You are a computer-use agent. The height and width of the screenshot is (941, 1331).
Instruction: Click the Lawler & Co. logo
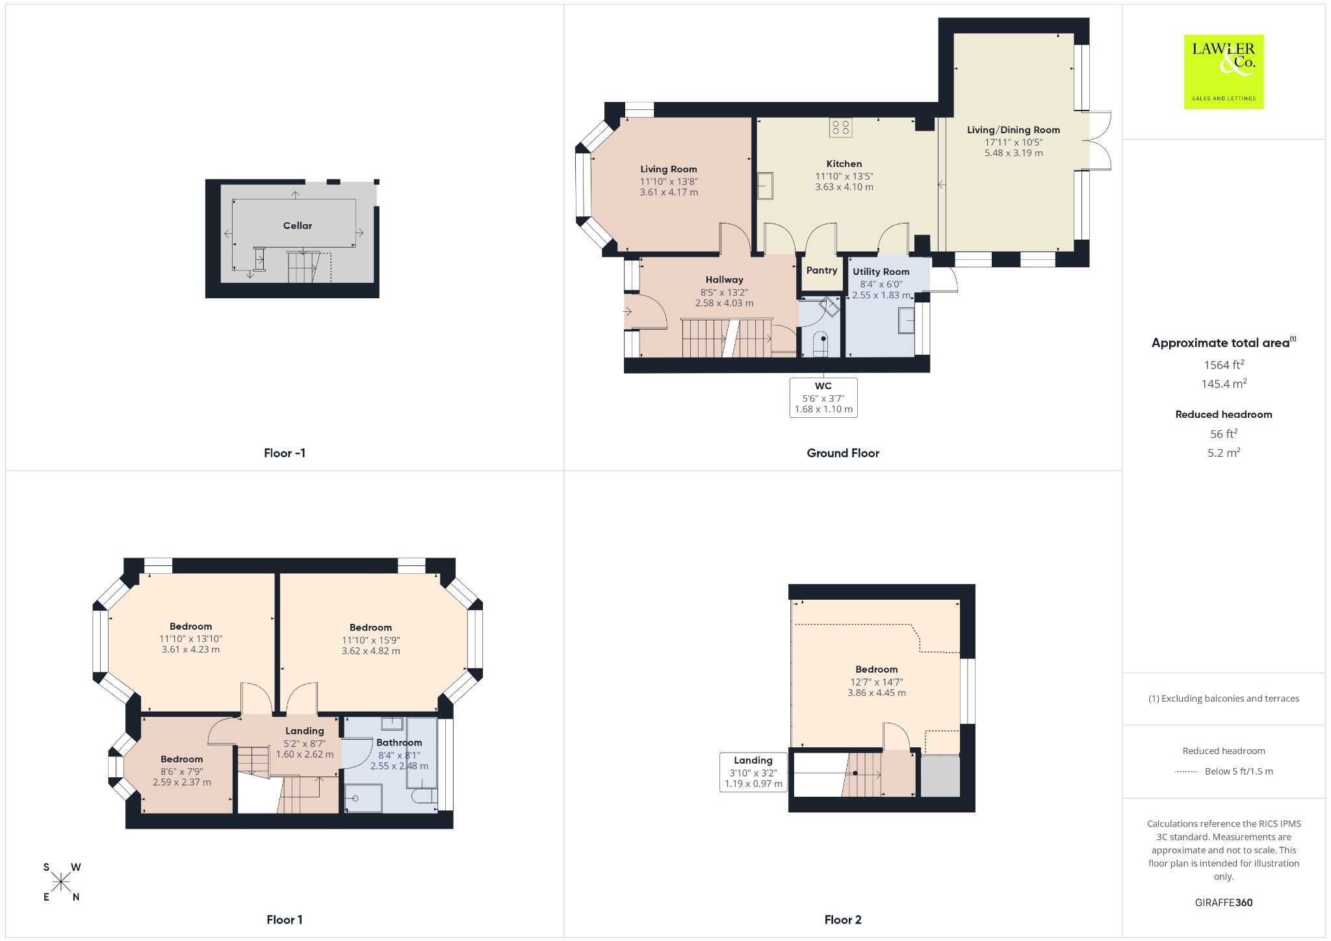click(1224, 71)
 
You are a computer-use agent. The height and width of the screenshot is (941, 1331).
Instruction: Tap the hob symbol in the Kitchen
click(841, 127)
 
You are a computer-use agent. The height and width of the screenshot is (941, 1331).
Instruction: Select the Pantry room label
click(821, 270)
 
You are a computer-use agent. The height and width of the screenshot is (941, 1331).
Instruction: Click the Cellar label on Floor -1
click(298, 226)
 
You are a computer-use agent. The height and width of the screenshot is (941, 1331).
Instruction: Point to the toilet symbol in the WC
click(821, 344)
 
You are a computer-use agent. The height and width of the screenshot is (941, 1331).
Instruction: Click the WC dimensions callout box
click(823, 397)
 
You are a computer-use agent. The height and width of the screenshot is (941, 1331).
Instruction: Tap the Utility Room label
click(881, 272)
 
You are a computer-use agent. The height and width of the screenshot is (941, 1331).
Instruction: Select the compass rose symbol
click(62, 882)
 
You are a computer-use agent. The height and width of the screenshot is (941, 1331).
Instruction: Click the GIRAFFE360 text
click(1224, 902)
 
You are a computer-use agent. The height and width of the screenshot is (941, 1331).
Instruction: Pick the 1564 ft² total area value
click(1224, 365)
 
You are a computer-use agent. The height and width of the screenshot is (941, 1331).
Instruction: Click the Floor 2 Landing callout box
click(753, 772)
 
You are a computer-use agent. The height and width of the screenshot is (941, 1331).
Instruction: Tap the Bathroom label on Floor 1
click(399, 743)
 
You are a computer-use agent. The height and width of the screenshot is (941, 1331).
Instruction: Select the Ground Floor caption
click(843, 453)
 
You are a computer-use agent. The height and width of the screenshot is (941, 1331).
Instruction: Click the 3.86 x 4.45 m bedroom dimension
click(877, 693)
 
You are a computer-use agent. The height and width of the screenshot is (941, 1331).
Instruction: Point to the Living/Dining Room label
click(1013, 130)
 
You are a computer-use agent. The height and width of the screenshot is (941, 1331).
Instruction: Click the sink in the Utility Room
click(906, 320)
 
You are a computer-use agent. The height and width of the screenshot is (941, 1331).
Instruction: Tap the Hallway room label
click(725, 279)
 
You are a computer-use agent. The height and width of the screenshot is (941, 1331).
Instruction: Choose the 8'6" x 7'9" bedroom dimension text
click(182, 771)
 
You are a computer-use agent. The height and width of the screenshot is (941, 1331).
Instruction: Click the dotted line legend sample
click(1186, 772)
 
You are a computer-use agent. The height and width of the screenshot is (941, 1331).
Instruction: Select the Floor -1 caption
click(285, 453)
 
